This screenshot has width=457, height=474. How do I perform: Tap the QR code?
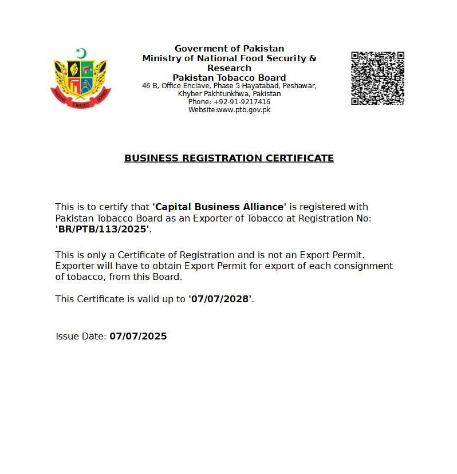(377, 78)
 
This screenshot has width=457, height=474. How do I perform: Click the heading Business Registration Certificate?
(229, 158)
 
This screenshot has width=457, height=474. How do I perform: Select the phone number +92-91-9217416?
(242, 102)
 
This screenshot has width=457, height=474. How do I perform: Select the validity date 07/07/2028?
(220, 299)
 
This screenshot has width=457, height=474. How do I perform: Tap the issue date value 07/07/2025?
(138, 336)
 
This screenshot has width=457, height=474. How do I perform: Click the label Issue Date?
(81, 336)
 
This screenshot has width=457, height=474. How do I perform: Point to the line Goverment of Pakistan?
(229, 49)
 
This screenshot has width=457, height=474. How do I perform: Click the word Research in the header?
(229, 68)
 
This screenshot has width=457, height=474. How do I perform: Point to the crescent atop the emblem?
(81, 54)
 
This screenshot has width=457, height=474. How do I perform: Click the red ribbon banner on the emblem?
(81, 103)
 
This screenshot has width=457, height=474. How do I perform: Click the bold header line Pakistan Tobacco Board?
(229, 77)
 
